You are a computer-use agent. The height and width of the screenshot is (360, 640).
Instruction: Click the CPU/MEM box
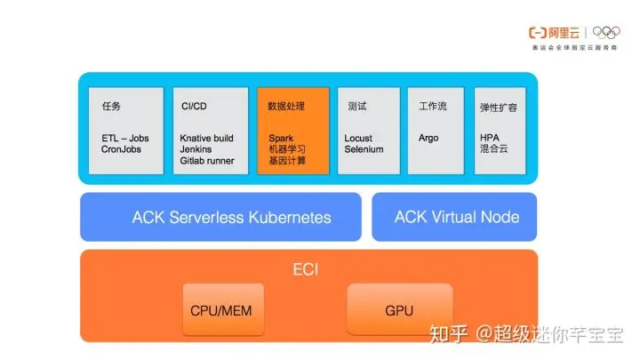(x=223, y=311)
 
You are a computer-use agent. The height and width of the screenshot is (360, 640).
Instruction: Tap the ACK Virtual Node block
(x=456, y=217)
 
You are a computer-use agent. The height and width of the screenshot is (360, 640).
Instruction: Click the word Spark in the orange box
(x=280, y=139)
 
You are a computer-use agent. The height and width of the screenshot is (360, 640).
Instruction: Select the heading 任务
(x=111, y=106)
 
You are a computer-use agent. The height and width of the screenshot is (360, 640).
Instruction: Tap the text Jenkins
(x=196, y=149)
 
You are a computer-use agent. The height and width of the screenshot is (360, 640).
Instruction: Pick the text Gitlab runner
(x=206, y=161)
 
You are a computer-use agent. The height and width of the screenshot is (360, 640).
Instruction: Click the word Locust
(x=358, y=139)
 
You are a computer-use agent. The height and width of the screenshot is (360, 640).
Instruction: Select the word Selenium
(x=364, y=149)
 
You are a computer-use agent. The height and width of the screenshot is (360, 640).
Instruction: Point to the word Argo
(x=428, y=139)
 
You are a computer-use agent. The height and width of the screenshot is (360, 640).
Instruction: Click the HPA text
(x=489, y=139)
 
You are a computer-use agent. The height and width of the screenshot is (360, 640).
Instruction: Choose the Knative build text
(x=206, y=139)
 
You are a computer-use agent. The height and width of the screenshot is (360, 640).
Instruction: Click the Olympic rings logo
(x=612, y=33)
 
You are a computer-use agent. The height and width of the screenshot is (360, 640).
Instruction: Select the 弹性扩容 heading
(x=498, y=107)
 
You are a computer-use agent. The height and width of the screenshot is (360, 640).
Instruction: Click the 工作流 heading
(x=433, y=106)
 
